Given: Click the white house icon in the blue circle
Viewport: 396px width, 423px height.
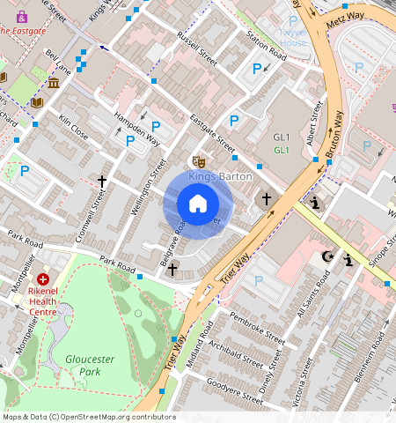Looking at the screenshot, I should coord(198,204).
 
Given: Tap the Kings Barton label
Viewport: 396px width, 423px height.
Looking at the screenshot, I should coord(220,176).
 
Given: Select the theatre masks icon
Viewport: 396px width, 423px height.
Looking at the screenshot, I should coord(199,161).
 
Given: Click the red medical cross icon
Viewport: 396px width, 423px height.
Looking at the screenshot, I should coord(42,278).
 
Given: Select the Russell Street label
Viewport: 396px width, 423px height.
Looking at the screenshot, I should coord(196,50).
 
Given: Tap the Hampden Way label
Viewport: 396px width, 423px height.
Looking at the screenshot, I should coord(139,129).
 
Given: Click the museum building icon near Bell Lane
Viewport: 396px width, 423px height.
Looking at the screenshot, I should coord(54,83).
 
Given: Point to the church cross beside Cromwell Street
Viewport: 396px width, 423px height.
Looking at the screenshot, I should coord(102,182).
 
